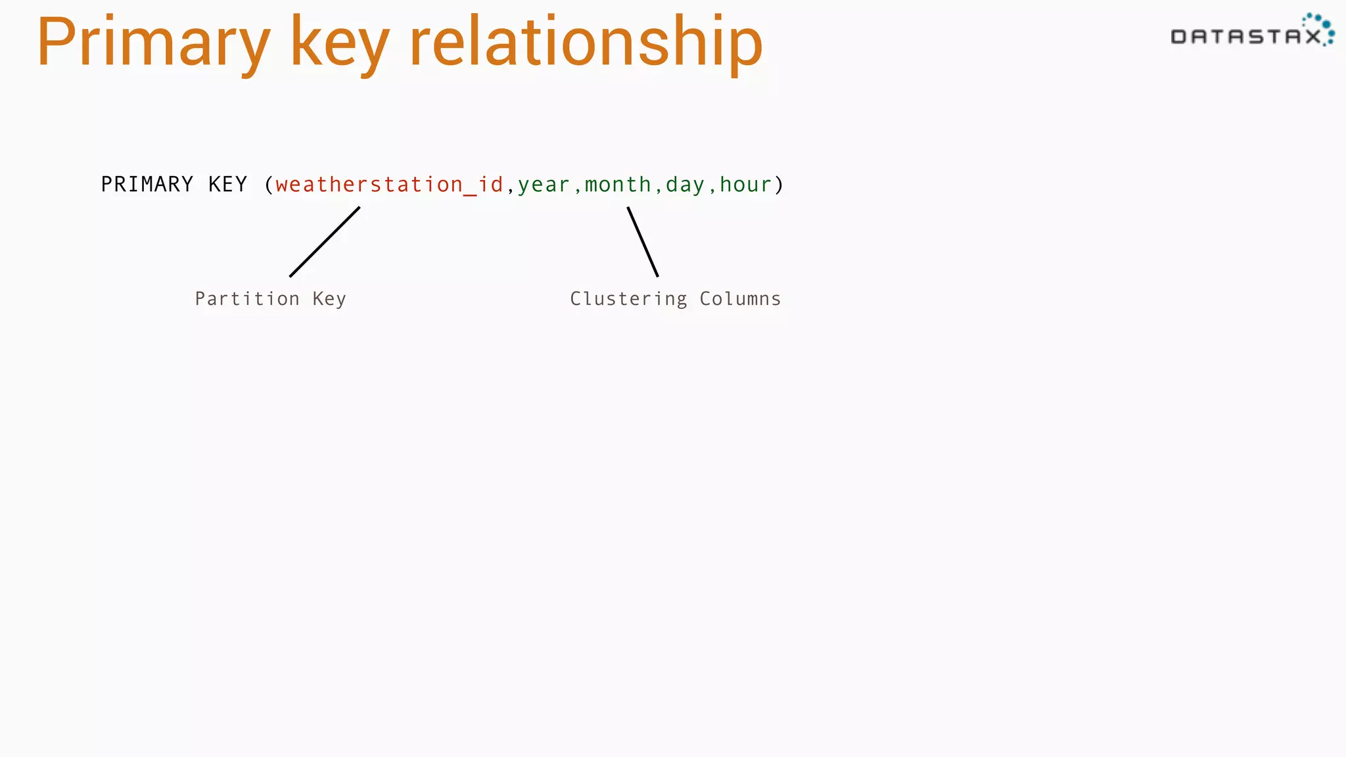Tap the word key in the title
[339, 43]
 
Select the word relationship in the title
[586, 43]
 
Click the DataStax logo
[1251, 32]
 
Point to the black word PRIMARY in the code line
[147, 185]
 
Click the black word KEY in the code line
[228, 185]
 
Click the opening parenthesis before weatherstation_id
[268, 185]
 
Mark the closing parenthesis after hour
[779, 185]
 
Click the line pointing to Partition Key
[325, 242]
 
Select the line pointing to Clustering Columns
[643, 242]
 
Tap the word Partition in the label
[247, 299]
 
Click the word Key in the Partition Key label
[329, 299]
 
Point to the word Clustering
[628, 299]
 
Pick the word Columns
[740, 299]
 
